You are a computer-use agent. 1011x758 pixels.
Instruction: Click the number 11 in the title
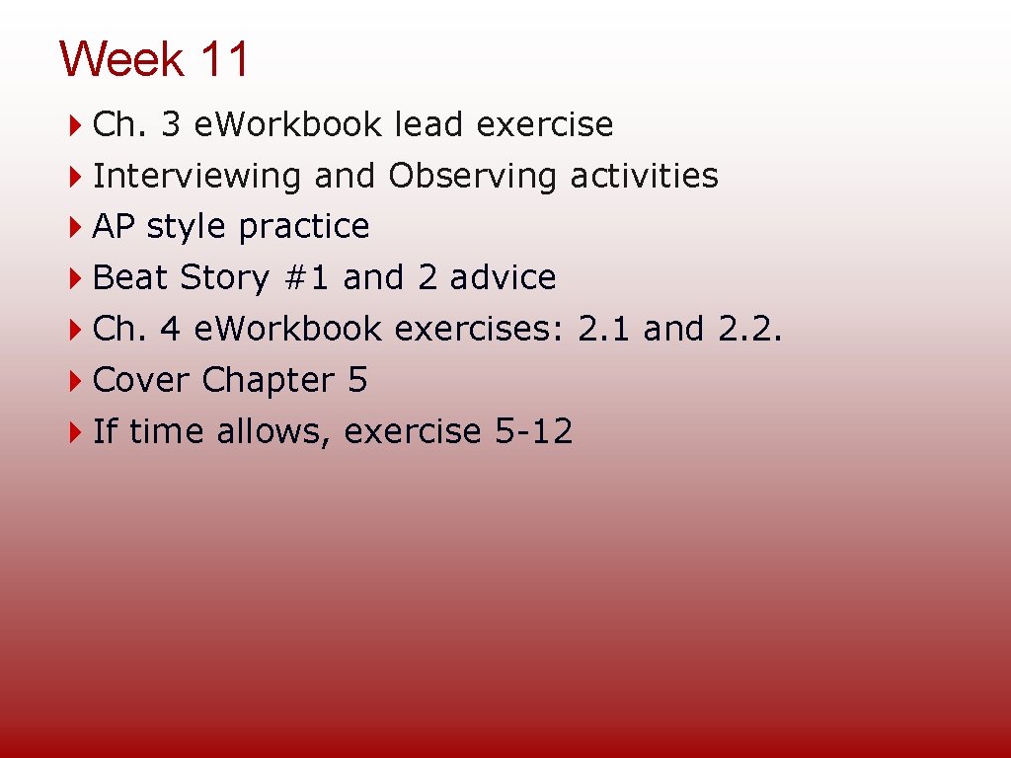point(224,59)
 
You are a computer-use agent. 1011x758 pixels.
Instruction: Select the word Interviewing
point(196,176)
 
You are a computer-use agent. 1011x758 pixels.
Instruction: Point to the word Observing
point(473,176)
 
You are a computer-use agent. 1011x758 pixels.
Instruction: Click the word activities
point(644,176)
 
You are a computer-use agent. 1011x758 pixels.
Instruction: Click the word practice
point(304,227)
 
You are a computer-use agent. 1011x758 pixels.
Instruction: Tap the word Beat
point(130,278)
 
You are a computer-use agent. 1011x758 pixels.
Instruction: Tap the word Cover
point(141,380)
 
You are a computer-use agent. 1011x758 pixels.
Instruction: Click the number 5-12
point(533,431)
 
